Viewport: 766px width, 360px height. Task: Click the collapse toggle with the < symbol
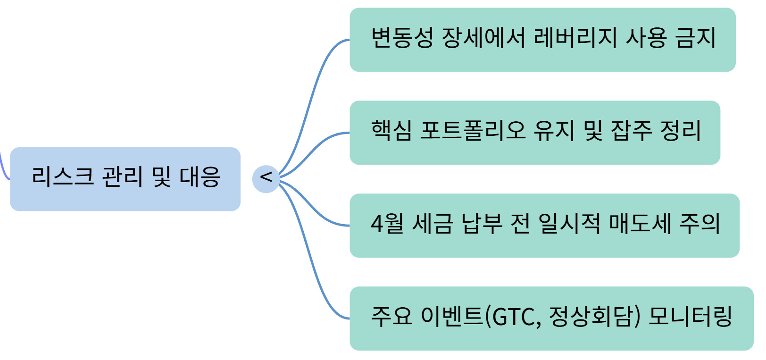[266, 178]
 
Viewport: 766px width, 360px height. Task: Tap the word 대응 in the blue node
[200, 177]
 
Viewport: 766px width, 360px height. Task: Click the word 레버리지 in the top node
[575, 38]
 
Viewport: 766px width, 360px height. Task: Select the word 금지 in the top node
[696, 38]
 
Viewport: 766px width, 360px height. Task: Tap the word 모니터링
[690, 317]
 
